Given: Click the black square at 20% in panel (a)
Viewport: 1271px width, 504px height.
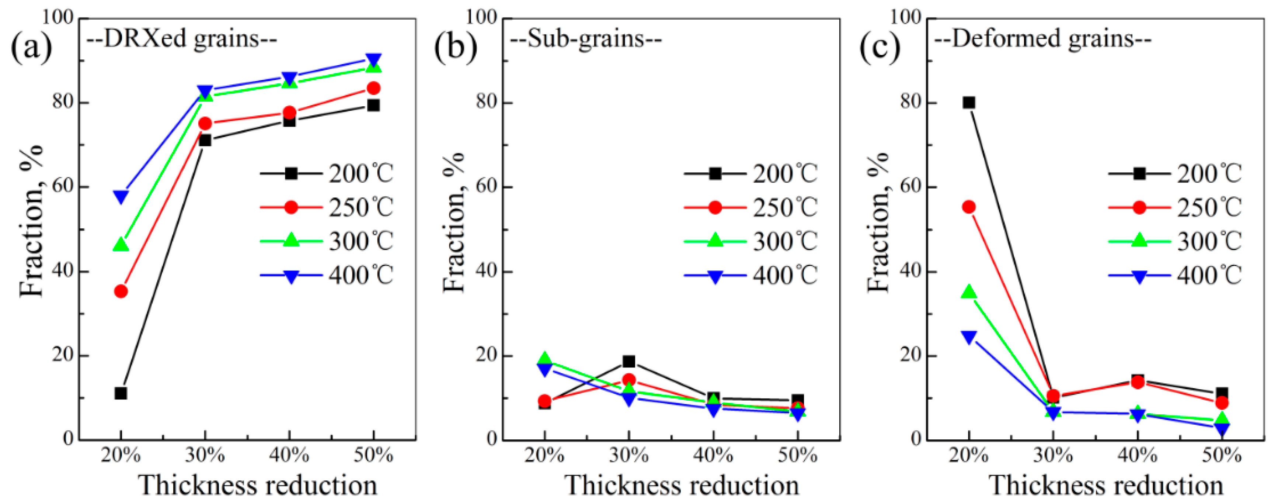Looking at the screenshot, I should coord(121,393).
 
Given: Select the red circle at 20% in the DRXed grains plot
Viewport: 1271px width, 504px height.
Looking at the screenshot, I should coord(121,291).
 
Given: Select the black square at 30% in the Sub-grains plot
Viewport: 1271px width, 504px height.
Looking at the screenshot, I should coord(628,361).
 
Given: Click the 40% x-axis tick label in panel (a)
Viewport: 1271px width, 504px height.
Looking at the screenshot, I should coord(289,455).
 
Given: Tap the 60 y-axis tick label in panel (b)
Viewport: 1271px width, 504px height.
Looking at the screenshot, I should coord(485,187).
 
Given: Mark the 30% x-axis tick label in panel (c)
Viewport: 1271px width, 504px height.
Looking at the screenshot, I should coord(1053,455).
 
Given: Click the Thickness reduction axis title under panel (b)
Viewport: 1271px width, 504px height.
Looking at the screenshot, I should coord(682,485).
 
